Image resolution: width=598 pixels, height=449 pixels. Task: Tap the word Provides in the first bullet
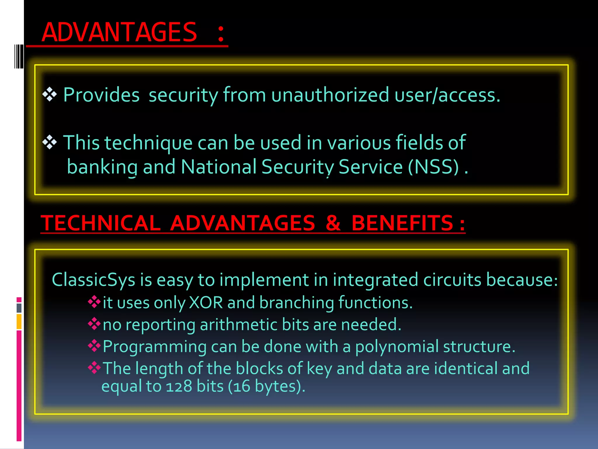click(x=101, y=95)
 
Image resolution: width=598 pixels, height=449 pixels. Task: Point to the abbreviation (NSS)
click(x=433, y=167)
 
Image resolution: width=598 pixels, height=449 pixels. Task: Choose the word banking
click(x=102, y=167)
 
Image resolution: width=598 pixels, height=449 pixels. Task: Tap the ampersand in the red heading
click(x=333, y=223)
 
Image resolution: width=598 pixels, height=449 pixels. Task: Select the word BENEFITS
click(x=402, y=223)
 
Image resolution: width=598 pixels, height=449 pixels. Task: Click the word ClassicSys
click(x=93, y=280)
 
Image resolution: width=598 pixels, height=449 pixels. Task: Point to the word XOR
click(x=206, y=303)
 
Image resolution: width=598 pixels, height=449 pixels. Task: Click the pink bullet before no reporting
click(x=94, y=324)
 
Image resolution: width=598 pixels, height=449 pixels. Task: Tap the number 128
click(x=179, y=386)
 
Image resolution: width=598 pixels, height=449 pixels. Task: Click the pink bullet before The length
click(x=94, y=367)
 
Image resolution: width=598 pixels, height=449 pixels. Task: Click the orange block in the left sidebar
click(x=19, y=321)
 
